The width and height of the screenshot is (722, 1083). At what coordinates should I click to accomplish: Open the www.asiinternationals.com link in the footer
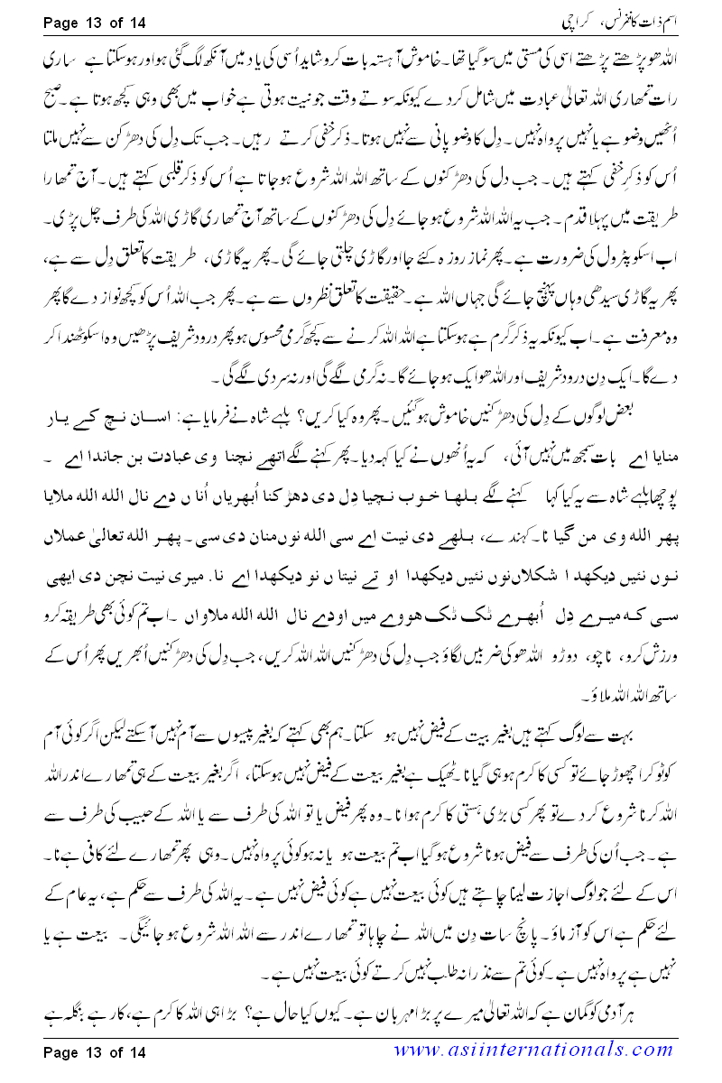click(x=541, y=1051)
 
